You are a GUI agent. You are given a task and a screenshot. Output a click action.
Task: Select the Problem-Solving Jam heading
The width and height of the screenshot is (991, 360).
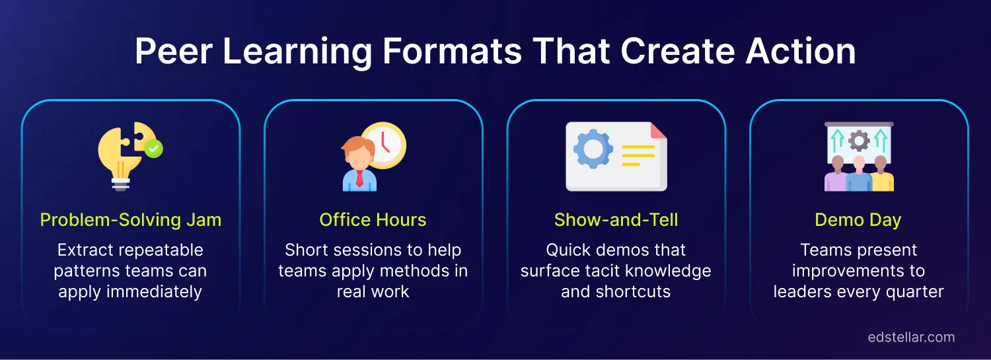(131, 220)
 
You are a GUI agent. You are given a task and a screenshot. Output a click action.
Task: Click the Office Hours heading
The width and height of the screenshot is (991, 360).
(373, 220)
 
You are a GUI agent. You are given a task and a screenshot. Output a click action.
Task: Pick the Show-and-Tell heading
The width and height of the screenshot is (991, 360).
(616, 220)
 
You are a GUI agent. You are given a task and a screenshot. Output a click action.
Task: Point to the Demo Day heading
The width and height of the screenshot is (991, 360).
(858, 220)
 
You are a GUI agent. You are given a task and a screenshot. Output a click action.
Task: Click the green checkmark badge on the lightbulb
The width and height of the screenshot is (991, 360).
(154, 149)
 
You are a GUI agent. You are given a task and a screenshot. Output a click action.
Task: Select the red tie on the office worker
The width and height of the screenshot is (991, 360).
(359, 178)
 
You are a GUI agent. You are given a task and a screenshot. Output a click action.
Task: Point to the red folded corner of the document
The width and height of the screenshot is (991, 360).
(659, 131)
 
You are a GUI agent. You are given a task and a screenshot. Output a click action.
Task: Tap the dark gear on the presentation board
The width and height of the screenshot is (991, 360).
(859, 140)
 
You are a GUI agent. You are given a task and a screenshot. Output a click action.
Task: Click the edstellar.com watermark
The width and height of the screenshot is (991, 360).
(911, 337)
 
